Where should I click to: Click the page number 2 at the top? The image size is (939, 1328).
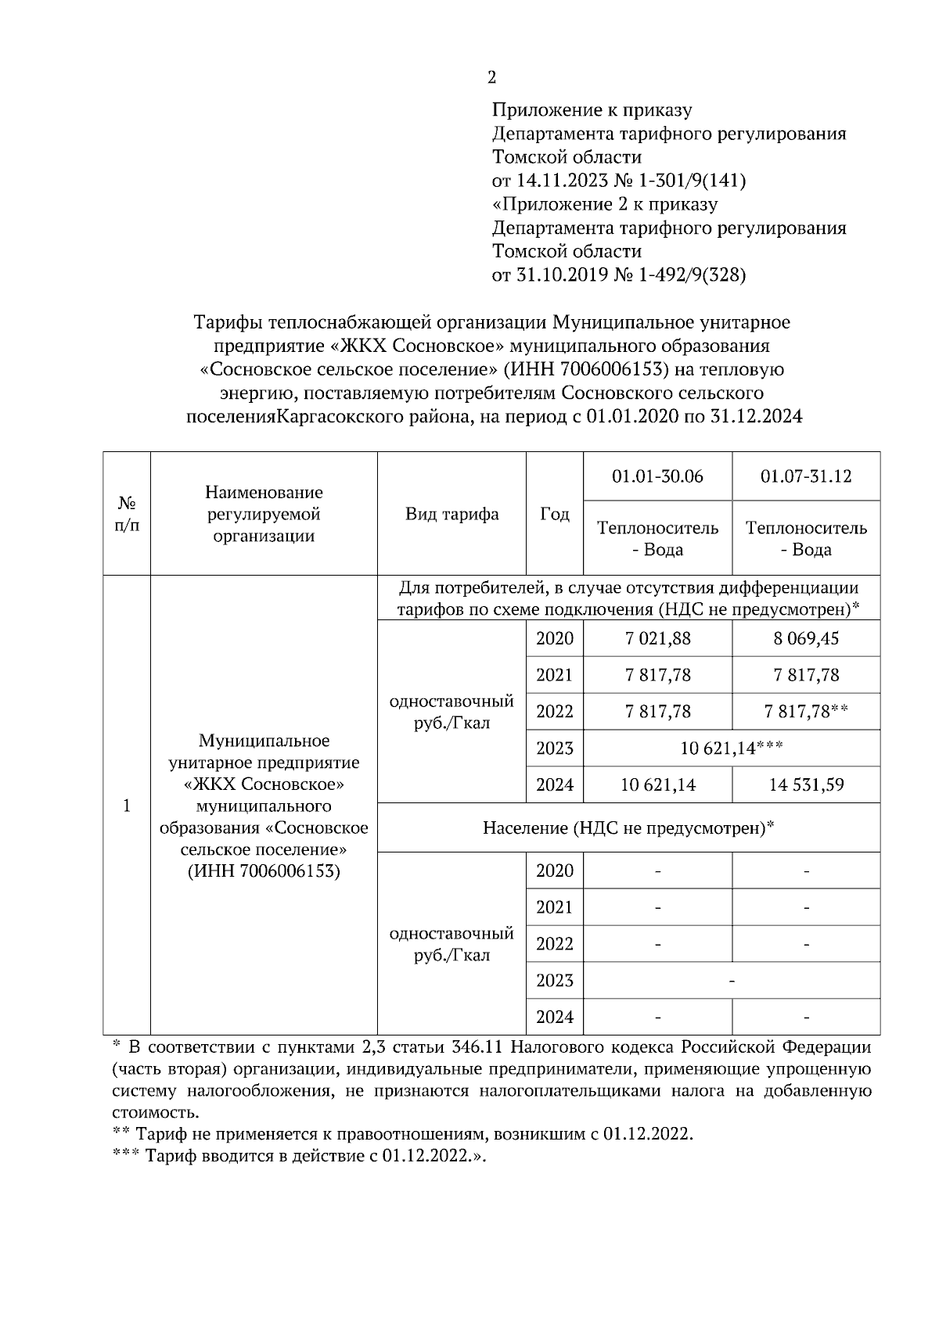click(x=491, y=77)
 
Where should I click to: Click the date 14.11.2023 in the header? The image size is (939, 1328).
click(x=560, y=181)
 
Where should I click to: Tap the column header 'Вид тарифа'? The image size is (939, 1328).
click(x=452, y=514)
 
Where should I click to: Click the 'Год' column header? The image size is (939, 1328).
click(x=555, y=514)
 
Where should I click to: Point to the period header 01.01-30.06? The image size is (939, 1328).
click(x=657, y=476)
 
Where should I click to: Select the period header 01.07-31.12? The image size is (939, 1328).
click(x=806, y=476)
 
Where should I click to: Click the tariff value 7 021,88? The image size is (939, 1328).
click(x=657, y=638)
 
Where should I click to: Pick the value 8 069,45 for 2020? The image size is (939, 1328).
click(x=806, y=638)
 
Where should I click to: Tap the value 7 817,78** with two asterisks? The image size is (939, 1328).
click(x=806, y=712)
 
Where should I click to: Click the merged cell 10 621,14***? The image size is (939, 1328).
click(x=732, y=748)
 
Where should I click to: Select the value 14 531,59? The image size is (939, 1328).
click(x=806, y=784)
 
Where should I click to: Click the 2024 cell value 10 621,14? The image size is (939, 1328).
click(x=657, y=784)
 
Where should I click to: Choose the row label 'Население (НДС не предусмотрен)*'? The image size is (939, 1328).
click(x=628, y=827)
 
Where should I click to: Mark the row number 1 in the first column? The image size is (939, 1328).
click(x=127, y=806)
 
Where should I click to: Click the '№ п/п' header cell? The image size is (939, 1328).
click(x=127, y=514)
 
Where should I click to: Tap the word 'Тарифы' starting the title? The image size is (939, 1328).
click(x=227, y=322)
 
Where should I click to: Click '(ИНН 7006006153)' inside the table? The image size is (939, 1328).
click(x=264, y=870)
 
